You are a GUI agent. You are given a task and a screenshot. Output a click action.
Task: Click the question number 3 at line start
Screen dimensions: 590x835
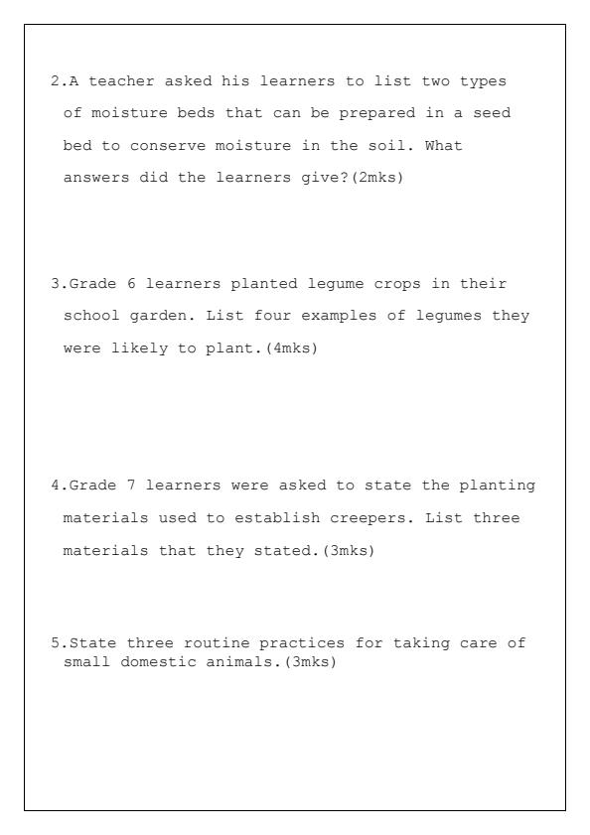click(x=55, y=284)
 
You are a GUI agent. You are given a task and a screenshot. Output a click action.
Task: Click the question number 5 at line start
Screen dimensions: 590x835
click(x=55, y=643)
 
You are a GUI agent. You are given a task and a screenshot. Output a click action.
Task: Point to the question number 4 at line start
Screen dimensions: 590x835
click(x=55, y=486)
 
